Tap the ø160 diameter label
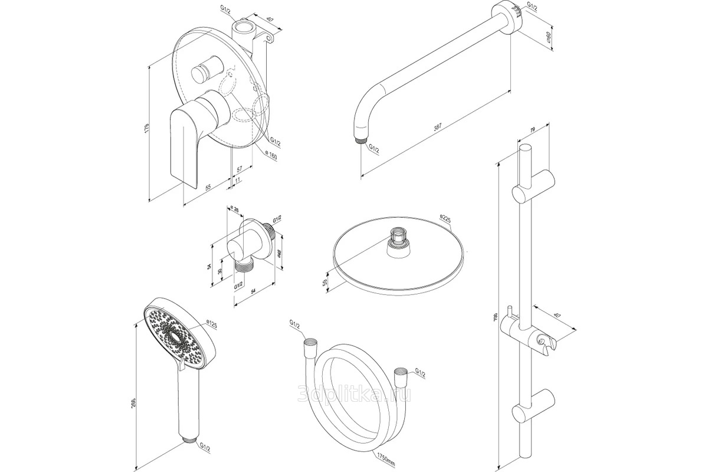271,155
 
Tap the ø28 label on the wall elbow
235,211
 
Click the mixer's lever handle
184,142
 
